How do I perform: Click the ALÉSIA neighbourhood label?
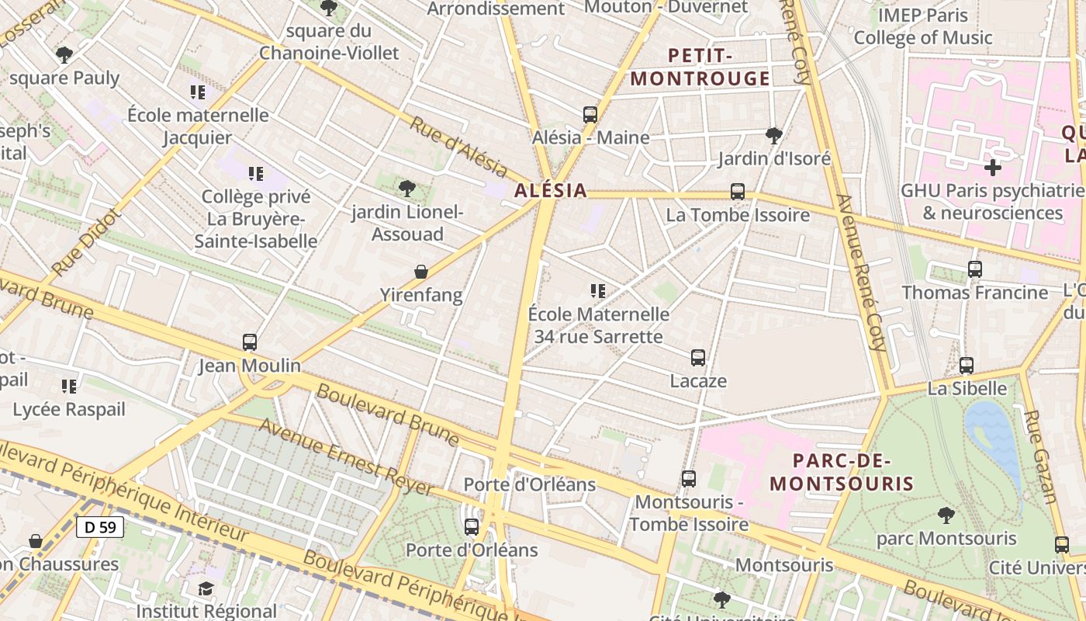point(550,191)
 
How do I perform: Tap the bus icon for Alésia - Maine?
point(590,115)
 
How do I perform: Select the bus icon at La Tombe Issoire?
point(738,191)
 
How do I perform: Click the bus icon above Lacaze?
point(698,358)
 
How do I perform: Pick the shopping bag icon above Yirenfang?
point(421,272)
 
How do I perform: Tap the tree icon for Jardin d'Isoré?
point(773,136)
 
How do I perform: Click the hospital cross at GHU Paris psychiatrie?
point(992,168)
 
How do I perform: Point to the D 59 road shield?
point(100,527)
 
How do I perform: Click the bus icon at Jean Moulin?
point(250,342)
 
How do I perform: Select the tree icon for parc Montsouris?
point(946,515)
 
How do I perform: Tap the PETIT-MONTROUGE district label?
point(700,67)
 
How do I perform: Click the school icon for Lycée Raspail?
point(69,386)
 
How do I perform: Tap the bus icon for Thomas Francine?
point(975,269)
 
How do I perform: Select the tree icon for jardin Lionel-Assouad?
point(406,189)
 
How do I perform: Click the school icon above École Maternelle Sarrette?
point(597,291)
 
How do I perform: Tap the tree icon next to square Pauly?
point(64,55)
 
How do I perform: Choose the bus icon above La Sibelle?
point(967,366)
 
